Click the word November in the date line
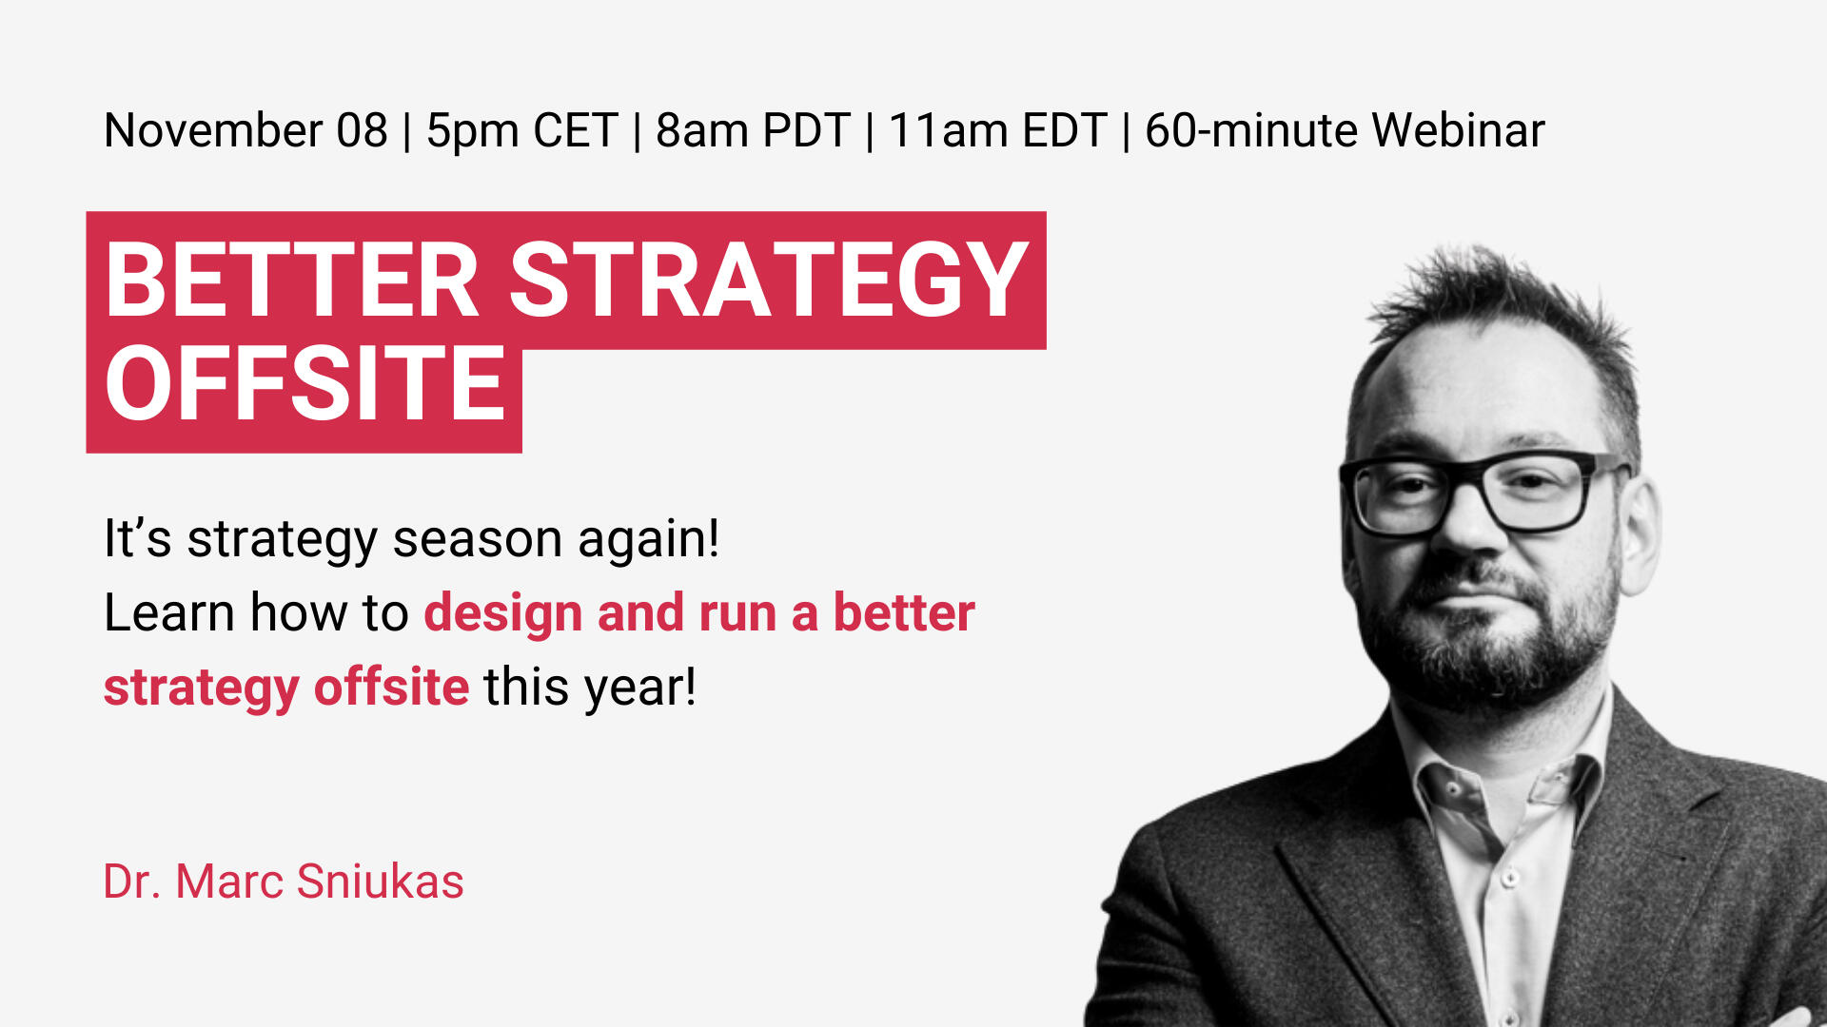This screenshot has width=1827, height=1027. point(214,130)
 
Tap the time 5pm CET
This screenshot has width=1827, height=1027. point(522,131)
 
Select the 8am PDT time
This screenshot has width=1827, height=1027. point(753,130)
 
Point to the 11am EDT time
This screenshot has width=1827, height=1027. point(997,130)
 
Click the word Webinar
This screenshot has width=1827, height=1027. point(1458,130)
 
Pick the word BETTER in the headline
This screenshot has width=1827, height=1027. point(292,280)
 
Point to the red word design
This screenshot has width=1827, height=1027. point(503,614)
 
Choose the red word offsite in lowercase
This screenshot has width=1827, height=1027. point(391,687)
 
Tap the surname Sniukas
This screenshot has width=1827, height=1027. point(380,882)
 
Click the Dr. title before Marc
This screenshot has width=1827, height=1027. point(132,882)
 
